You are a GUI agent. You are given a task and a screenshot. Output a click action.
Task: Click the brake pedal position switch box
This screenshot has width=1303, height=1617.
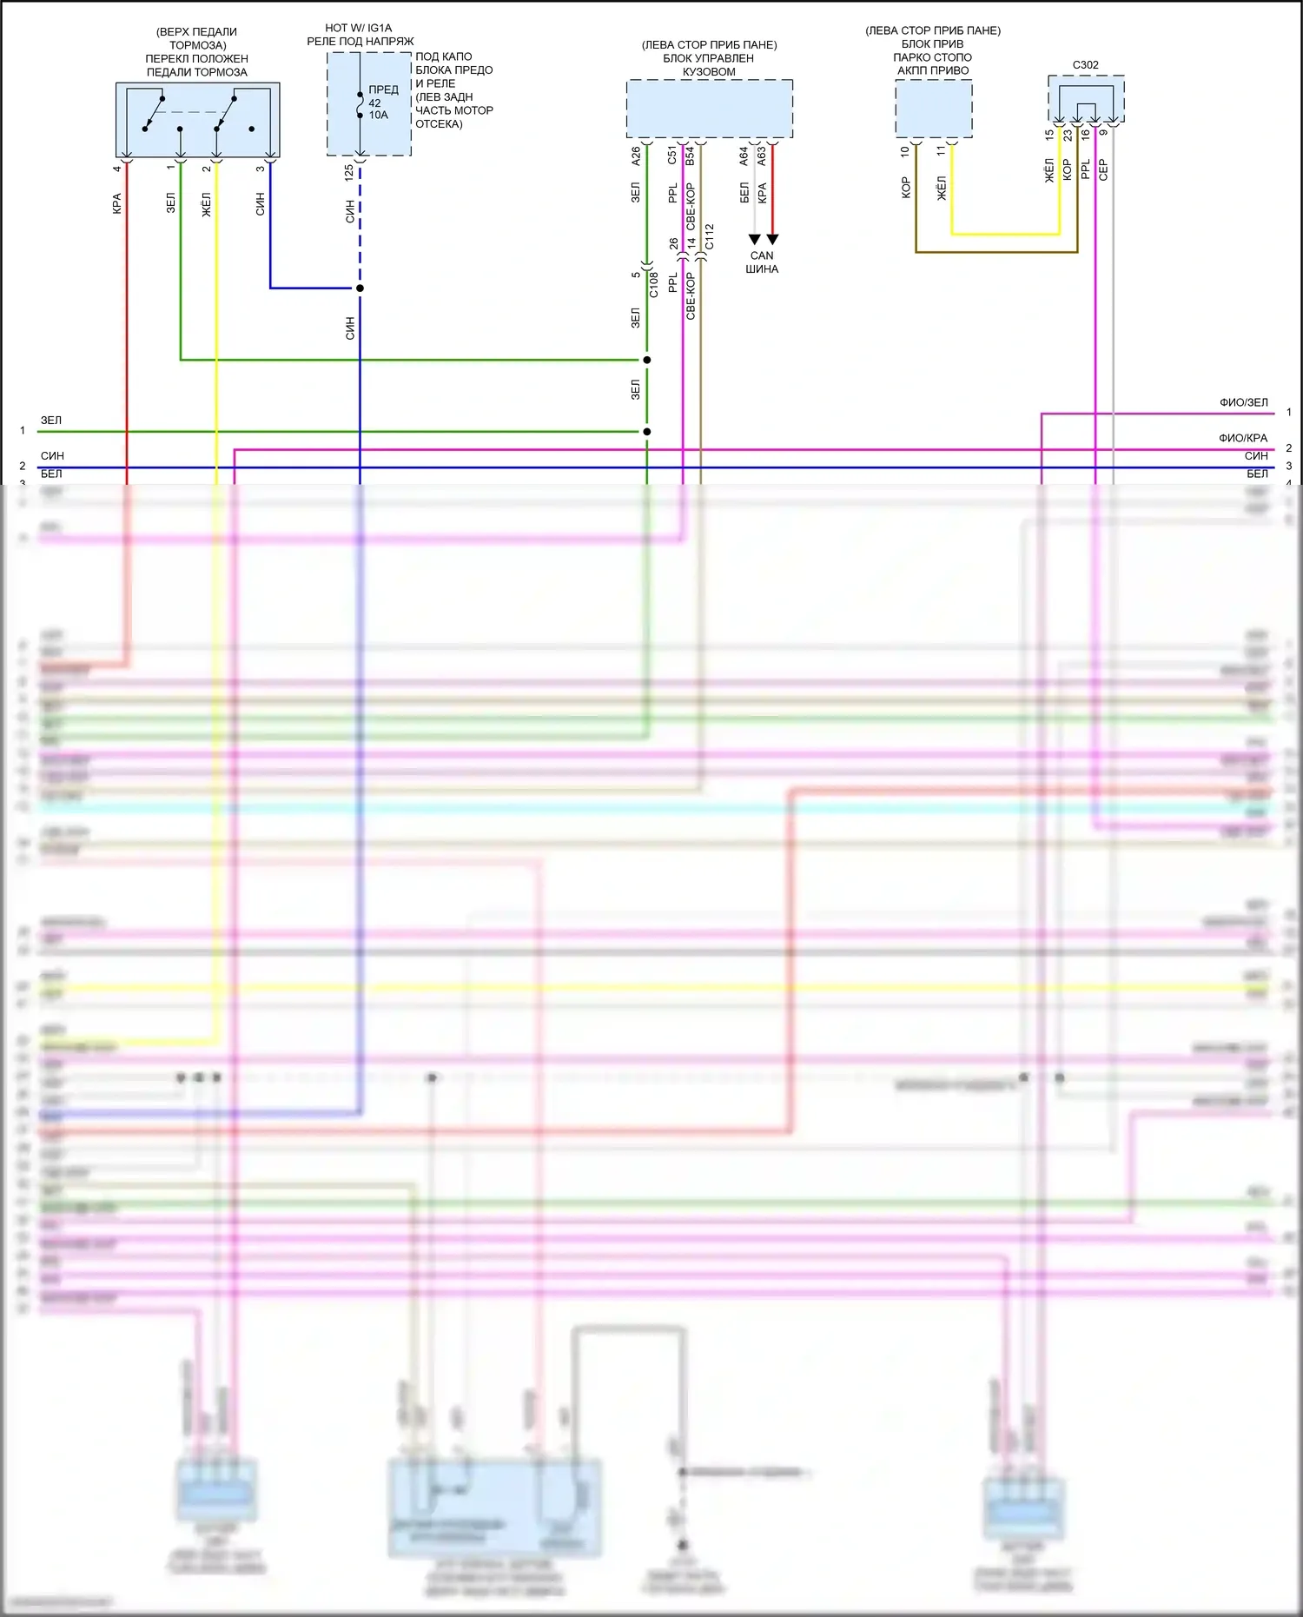click(x=197, y=119)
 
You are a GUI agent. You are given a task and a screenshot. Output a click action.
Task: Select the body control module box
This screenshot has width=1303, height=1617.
click(x=709, y=109)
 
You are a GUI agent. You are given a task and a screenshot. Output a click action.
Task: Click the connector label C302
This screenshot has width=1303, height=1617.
click(x=1085, y=65)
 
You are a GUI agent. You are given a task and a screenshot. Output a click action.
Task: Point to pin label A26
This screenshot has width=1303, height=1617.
click(x=636, y=156)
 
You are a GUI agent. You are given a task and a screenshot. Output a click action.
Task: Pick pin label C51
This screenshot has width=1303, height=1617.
click(x=672, y=156)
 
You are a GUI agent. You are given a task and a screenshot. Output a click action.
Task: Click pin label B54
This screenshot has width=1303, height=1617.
click(x=691, y=156)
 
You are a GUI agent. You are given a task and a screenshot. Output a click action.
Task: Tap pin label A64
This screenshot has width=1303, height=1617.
click(x=744, y=156)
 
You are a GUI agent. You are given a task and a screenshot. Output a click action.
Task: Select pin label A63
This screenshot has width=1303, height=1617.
click(x=763, y=156)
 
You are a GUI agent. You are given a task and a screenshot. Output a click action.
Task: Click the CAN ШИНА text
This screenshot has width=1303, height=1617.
click(x=762, y=262)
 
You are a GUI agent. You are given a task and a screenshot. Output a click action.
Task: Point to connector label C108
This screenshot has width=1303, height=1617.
click(x=654, y=284)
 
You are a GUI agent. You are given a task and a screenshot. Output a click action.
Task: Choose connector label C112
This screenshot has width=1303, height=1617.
click(x=710, y=237)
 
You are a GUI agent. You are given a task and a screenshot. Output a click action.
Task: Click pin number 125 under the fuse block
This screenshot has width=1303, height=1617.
click(x=349, y=172)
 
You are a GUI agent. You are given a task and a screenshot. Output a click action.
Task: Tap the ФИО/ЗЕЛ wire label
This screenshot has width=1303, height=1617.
click(x=1243, y=403)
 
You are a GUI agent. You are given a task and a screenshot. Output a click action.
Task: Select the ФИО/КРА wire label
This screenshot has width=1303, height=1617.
click(x=1243, y=439)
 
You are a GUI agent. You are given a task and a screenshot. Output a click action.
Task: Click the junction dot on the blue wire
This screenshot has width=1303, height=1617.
click(x=360, y=288)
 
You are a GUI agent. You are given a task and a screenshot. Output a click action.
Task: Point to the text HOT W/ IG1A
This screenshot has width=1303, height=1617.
click(x=358, y=28)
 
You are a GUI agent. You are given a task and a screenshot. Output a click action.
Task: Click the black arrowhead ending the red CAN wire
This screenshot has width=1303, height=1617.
click(x=772, y=240)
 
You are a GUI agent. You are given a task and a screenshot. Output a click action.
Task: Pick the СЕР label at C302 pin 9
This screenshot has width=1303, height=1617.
click(x=1103, y=169)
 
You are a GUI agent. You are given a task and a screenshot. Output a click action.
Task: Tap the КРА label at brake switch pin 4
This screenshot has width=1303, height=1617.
click(x=117, y=204)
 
